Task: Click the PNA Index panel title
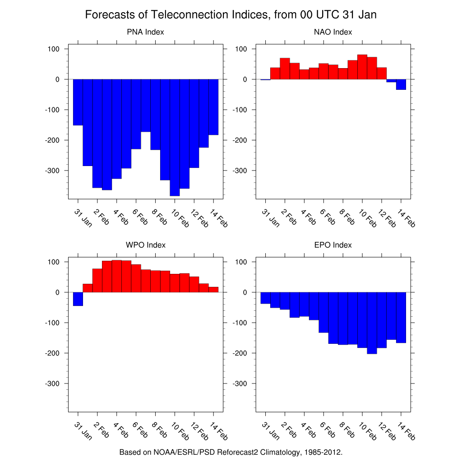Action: [x=145, y=32]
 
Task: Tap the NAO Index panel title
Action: [x=333, y=32]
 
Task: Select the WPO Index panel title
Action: [x=145, y=245]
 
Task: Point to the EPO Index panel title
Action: [x=333, y=245]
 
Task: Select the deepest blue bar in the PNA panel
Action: [x=175, y=138]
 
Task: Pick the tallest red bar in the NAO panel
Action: [x=362, y=67]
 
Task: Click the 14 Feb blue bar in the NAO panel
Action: [x=401, y=84]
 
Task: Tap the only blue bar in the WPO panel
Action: [x=78, y=299]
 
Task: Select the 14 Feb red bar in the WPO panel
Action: [x=213, y=290]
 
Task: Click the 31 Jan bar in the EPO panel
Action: [x=265, y=298]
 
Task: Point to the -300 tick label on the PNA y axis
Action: [x=52, y=171]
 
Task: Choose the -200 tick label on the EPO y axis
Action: [x=240, y=353]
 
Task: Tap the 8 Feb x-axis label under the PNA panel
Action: [x=159, y=216]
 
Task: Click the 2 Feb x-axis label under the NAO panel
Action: [x=289, y=217]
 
